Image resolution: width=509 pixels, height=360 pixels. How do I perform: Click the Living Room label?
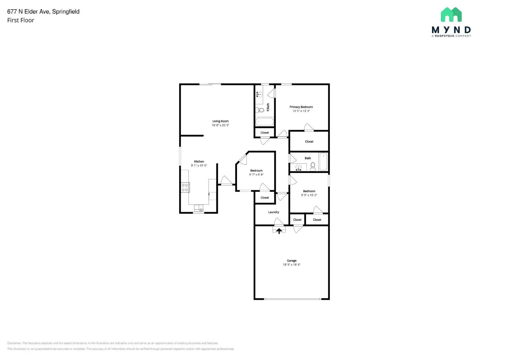coord(220,121)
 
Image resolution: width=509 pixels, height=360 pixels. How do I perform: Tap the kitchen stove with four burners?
coord(185,188)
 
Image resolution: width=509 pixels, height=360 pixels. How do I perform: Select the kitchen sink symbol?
coord(199,208)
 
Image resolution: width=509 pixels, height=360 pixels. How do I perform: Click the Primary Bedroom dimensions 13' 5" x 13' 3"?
coord(301,111)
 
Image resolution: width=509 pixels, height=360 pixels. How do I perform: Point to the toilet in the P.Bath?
coord(260,110)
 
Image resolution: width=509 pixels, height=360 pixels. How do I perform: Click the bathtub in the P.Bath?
coord(264,122)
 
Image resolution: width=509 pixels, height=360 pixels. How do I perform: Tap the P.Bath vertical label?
coord(268,107)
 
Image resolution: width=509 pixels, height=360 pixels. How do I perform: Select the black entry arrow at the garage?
coord(279,231)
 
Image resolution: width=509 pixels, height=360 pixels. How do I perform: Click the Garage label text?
coord(291,260)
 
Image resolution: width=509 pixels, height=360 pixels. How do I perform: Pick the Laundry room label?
coord(273,212)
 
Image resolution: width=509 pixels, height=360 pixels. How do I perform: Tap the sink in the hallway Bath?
coord(298,167)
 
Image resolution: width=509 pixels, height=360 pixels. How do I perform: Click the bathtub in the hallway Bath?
coord(323,162)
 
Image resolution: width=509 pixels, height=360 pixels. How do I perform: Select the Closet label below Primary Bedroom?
coord(309,142)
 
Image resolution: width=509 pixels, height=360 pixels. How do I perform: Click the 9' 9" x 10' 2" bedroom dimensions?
coord(309,195)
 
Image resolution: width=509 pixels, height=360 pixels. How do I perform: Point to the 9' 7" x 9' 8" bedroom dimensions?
coord(256,175)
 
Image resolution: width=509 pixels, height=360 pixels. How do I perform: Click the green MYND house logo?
coord(451,15)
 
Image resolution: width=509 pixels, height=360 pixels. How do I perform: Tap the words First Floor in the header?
coord(21,20)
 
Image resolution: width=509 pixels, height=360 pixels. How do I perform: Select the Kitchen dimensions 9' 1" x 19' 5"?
coord(199,166)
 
